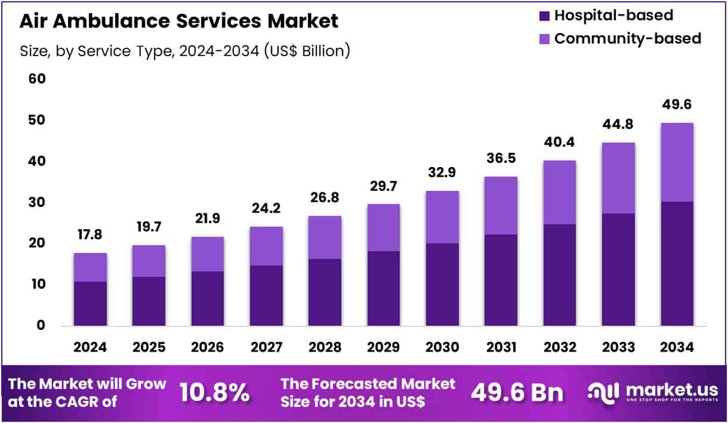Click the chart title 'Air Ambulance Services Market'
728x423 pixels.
pyautogui.click(x=178, y=21)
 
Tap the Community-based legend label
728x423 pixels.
pyautogui.click(x=628, y=39)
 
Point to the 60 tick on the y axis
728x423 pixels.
pyautogui.click(x=36, y=79)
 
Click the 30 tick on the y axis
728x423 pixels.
pyautogui.click(x=36, y=202)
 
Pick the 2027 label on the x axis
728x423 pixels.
pyautogui.click(x=266, y=347)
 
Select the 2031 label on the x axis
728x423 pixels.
pyautogui.click(x=501, y=347)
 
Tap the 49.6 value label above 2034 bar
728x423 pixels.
pyautogui.click(x=677, y=105)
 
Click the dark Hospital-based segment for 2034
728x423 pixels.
pyautogui.click(x=677, y=264)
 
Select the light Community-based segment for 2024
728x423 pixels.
pyautogui.click(x=91, y=267)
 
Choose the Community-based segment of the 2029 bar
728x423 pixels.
pyautogui.click(x=384, y=227)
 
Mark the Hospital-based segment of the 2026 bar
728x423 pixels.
pyautogui.click(x=208, y=298)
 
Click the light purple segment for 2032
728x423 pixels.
pyautogui.click(x=559, y=192)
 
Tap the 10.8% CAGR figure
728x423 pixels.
pyautogui.click(x=214, y=392)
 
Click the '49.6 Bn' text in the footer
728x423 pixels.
pyautogui.click(x=517, y=392)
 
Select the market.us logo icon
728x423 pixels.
pyautogui.click(x=603, y=391)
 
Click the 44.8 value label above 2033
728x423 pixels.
pyautogui.click(x=618, y=125)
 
